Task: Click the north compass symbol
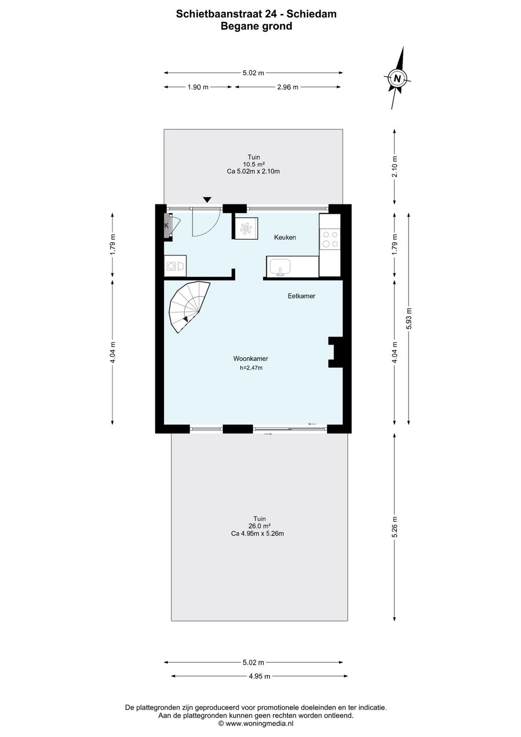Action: click(x=398, y=78)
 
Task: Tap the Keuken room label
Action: click(x=285, y=237)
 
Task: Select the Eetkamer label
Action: click(x=301, y=296)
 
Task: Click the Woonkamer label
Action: click(x=250, y=359)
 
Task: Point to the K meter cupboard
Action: click(x=167, y=226)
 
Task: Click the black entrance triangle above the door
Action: click(x=207, y=199)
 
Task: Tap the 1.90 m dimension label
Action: click(x=198, y=87)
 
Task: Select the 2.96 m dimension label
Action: click(x=287, y=87)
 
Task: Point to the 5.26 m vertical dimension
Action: click(x=395, y=527)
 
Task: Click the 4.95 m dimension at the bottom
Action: click(x=259, y=676)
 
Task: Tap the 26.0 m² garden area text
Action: click(x=259, y=526)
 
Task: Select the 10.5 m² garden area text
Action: click(x=254, y=165)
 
